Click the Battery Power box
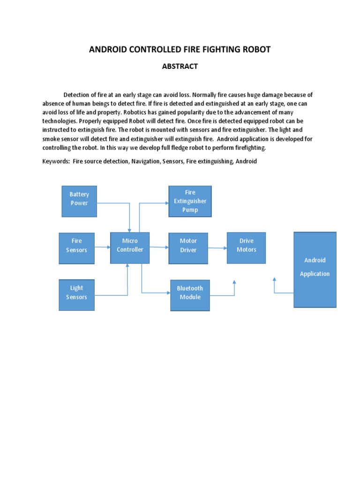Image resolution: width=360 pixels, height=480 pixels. pos(79,201)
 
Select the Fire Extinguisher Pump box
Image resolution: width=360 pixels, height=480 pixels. pos(190,201)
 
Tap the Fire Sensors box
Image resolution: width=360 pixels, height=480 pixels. pos(76,245)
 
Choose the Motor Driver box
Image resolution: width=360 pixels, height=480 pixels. pos(188,245)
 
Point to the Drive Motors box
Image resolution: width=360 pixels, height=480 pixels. pos(246,245)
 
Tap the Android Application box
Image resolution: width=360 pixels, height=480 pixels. pos(315,270)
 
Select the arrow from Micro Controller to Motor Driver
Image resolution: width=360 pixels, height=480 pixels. pos(159,247)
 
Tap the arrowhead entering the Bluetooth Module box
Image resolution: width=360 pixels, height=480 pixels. pos(167,293)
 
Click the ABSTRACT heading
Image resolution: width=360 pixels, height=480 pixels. pos(180,67)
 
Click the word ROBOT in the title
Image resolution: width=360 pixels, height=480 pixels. pos(255,49)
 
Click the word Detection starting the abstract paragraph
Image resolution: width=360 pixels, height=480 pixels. pos(78,94)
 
